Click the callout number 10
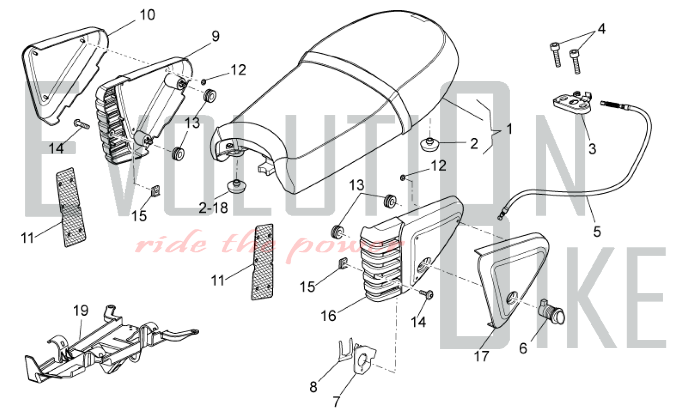pos(147,15)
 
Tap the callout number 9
pos(216,36)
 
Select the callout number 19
pos(81,311)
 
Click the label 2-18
pos(213,208)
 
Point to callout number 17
pos(481,356)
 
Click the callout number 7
pos(336,401)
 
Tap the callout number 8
pos(313,387)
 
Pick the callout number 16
pos(328,316)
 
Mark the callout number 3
pos(592,149)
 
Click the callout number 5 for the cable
pos(597,232)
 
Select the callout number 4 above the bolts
pos(602,29)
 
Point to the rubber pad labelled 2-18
pos(237,187)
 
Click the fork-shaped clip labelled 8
pos(345,350)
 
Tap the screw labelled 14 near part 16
pos(427,295)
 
